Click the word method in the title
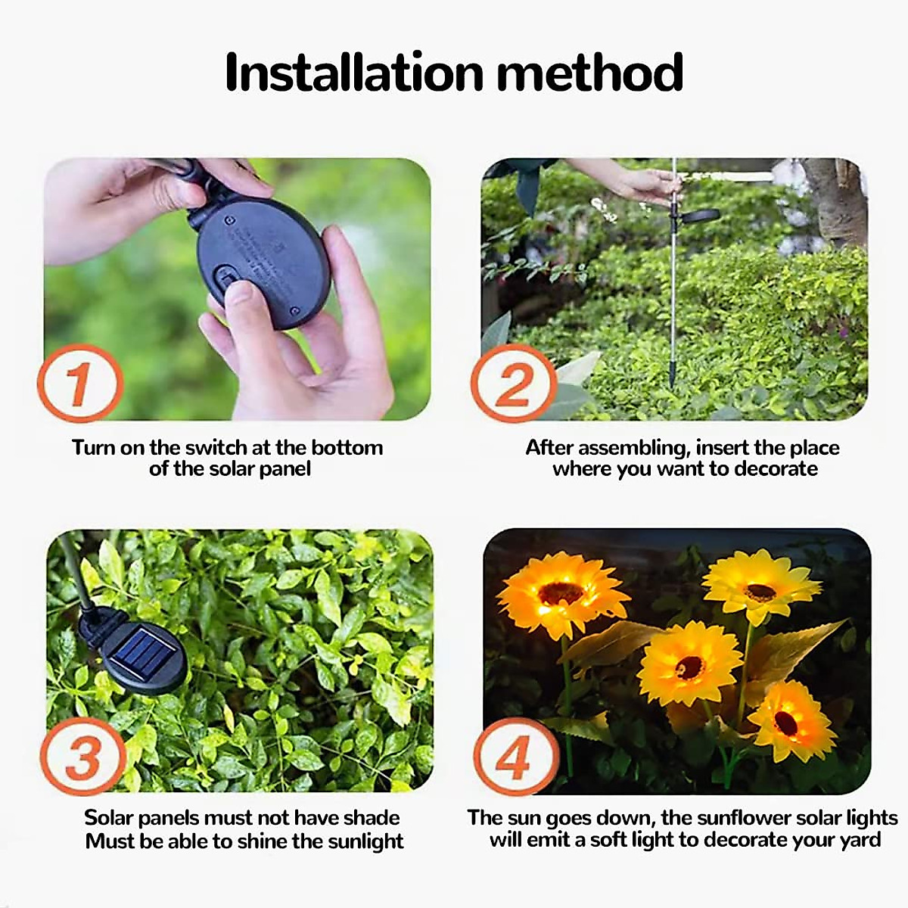click(x=590, y=73)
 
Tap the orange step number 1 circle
click(x=80, y=383)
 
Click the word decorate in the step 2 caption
click(x=776, y=469)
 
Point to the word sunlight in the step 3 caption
click(x=359, y=841)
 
